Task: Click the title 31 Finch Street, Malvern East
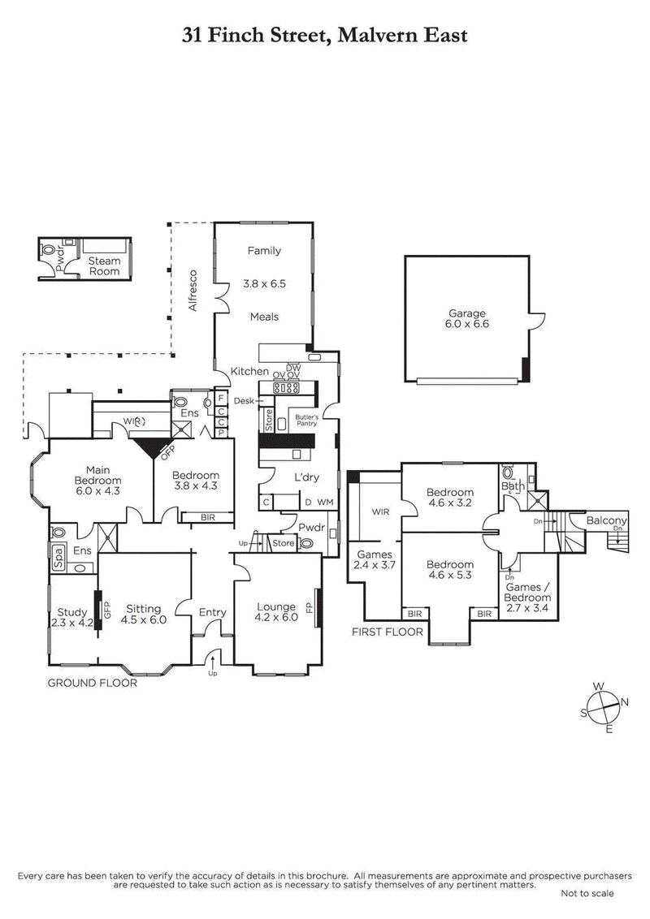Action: click(x=325, y=35)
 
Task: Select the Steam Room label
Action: click(x=104, y=266)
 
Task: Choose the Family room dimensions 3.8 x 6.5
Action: click(x=265, y=284)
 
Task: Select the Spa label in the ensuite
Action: click(x=58, y=558)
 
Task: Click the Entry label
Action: click(x=213, y=612)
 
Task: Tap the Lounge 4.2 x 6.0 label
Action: click(x=276, y=611)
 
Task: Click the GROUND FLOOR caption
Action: click(x=92, y=683)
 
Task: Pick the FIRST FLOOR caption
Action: click(x=388, y=631)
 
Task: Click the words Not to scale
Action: click(x=587, y=893)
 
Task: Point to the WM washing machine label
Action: click(x=325, y=503)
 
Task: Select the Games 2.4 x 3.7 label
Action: click(x=375, y=560)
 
